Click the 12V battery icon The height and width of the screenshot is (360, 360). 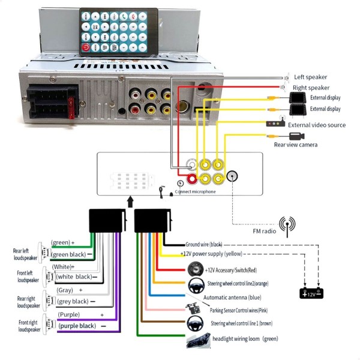312,293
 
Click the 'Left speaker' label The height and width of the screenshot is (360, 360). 310,77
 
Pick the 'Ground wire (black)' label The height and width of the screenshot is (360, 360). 204,244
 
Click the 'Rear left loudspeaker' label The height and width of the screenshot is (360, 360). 25,254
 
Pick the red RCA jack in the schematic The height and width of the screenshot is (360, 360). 193,178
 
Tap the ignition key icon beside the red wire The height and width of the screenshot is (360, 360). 194,268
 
